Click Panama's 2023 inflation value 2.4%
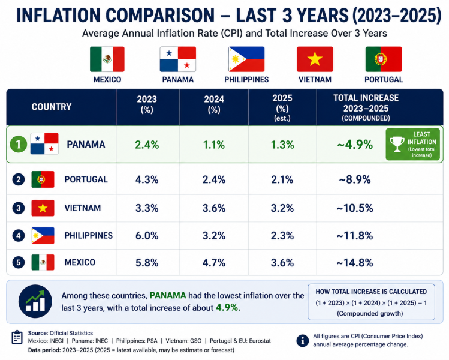[147, 145]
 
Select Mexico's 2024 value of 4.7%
[214, 263]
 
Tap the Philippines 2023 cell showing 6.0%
[147, 236]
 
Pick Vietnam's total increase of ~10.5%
[355, 208]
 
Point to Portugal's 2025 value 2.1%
[282, 180]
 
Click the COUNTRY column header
[52, 107]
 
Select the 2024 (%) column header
[214, 104]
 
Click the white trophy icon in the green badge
[397, 144]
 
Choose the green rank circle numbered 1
[19, 144]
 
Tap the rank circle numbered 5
[19, 262]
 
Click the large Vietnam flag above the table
[315, 59]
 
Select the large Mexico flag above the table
[107, 59]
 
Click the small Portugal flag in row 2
[43, 179]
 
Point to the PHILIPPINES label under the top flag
[246, 79]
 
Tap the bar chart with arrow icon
[35, 301]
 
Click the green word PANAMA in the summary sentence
[168, 296]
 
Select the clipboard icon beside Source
[17, 337]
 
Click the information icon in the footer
[302, 341]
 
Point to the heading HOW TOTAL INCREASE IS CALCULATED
[371, 292]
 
